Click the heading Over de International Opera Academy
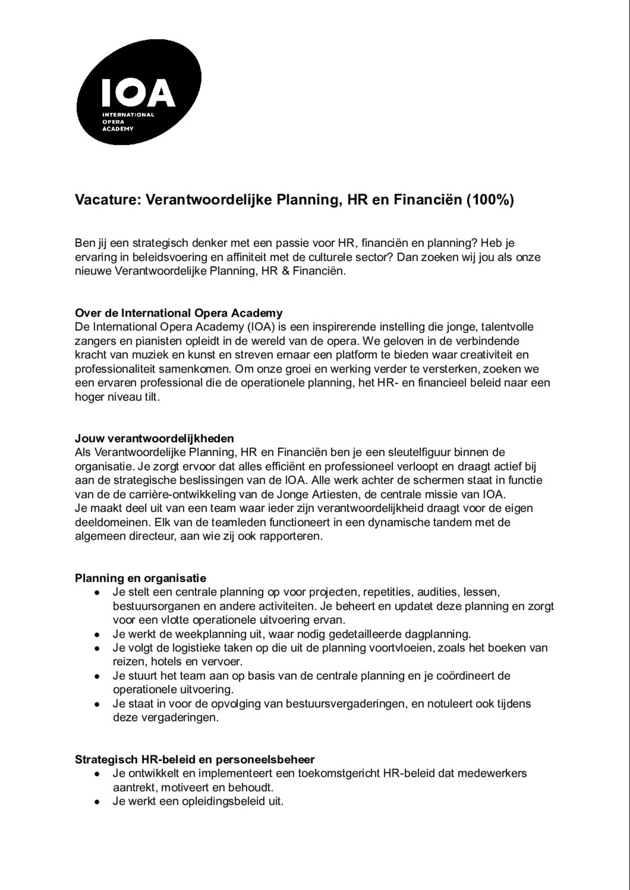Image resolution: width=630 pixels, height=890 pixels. coord(179,313)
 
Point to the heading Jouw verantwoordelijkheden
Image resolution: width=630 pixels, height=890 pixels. coord(154,439)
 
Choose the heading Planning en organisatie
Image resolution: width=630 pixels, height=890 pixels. coord(141,578)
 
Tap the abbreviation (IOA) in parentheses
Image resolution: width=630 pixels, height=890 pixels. coord(261,327)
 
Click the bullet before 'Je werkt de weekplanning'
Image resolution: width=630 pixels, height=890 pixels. coord(97,635)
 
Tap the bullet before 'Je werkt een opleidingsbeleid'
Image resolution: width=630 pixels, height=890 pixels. coord(97,802)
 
